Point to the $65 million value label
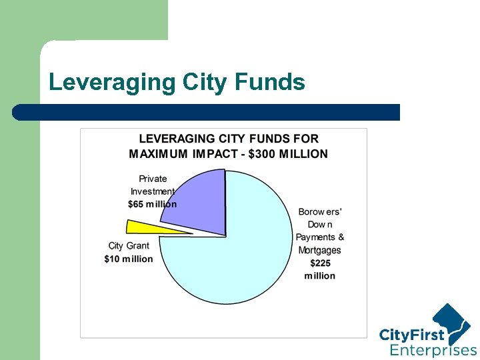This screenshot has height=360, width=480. (153, 204)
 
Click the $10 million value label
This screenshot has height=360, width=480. (129, 259)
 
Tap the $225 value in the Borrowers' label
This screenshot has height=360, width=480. (320, 263)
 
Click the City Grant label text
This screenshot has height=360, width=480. (129, 246)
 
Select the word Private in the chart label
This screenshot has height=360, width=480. (153, 179)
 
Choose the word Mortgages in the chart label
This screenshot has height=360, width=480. (319, 251)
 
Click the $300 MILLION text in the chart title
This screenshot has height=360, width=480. (288, 153)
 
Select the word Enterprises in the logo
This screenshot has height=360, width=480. (433, 351)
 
